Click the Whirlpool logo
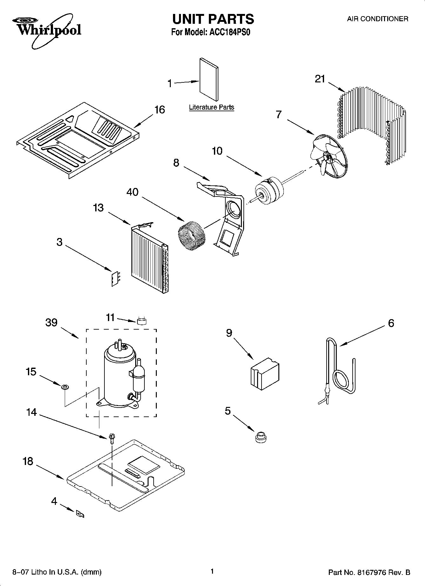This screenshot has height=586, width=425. click(48, 30)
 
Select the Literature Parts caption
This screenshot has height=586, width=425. click(211, 107)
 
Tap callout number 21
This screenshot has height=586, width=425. click(320, 79)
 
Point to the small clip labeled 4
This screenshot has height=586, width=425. click(80, 514)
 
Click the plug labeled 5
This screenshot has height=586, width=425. click(260, 437)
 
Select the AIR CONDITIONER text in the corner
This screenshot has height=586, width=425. click(377, 19)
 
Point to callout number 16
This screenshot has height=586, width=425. click(159, 110)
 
